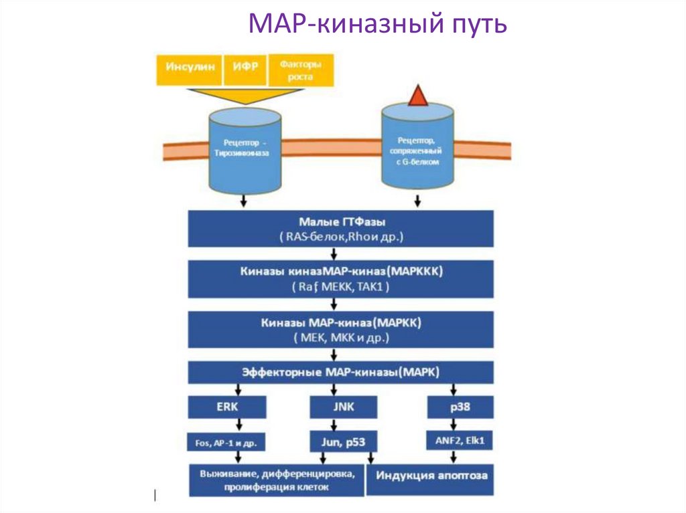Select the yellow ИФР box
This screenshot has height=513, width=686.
pos(245,70)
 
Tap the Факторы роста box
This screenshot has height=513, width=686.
pos(300,71)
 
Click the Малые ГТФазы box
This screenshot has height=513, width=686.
pos(341,229)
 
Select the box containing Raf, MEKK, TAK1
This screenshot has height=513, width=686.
pos(341,279)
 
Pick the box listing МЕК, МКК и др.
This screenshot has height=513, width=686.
pos(341,330)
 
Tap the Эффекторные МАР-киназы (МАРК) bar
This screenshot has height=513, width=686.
pos(341,372)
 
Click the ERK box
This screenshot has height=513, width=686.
pos(227,407)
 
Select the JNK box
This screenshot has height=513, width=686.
pos(343,407)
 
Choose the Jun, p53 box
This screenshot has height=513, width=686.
pos(343,441)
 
